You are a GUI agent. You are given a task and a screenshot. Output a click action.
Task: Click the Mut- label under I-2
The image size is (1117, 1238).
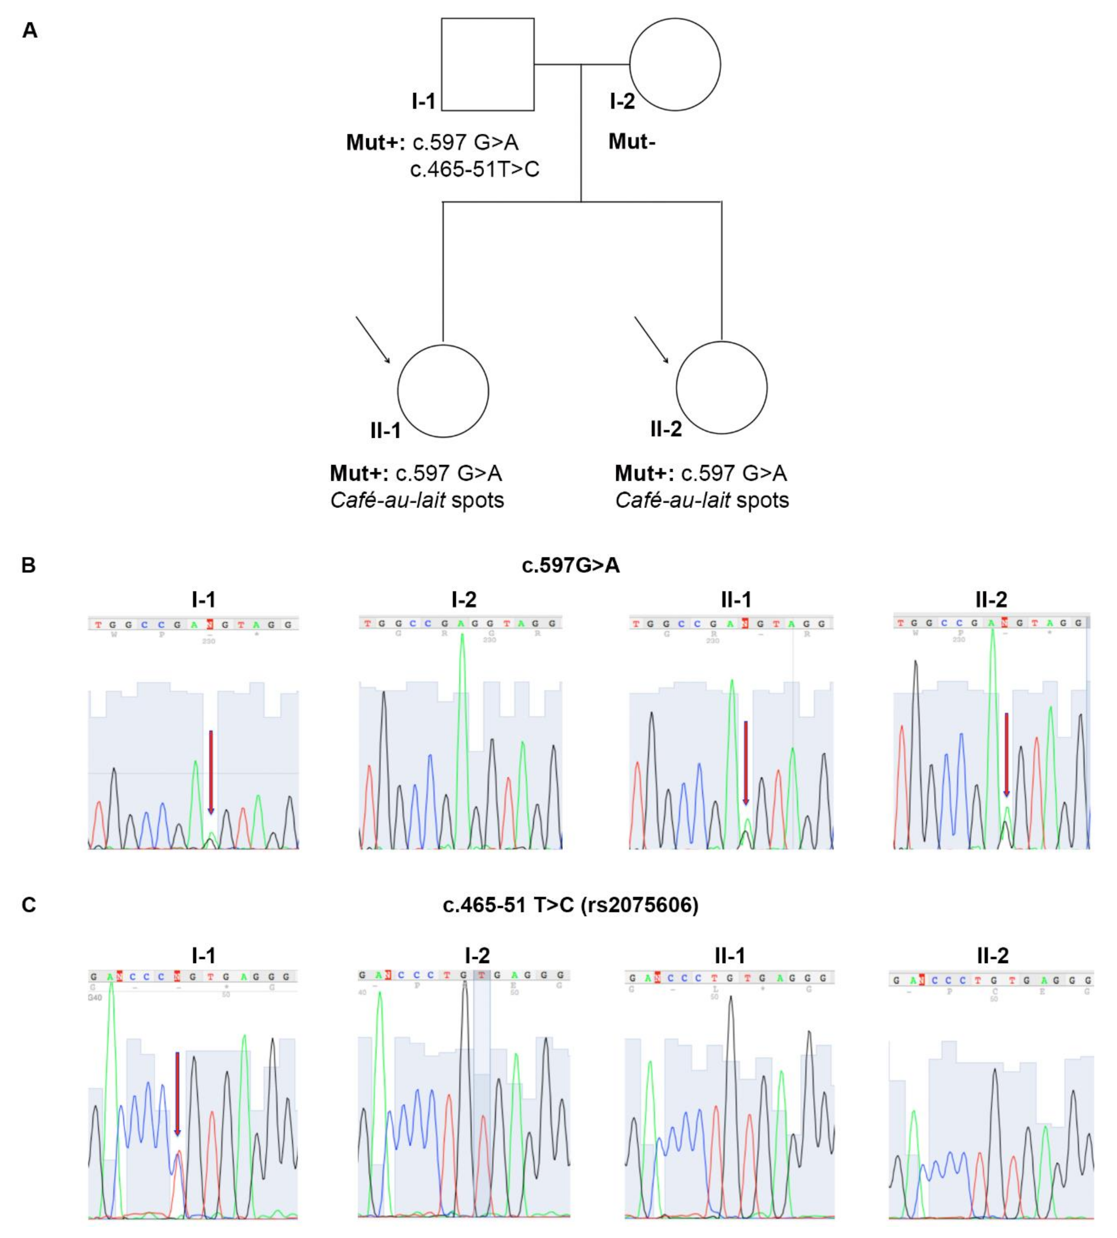coord(631,142)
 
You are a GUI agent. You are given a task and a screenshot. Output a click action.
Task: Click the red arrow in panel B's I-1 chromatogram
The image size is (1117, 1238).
coord(210,772)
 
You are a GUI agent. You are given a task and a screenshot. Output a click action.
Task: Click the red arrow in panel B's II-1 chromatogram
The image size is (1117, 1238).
coord(746,762)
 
